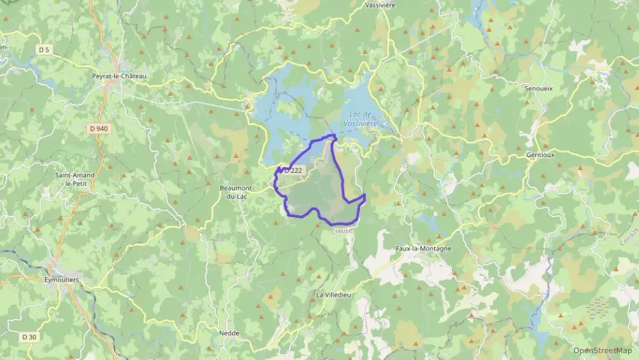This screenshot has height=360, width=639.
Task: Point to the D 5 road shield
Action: (x=44, y=49)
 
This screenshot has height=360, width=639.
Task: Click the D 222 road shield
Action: (x=293, y=169)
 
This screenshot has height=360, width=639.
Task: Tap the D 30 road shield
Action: (x=28, y=337)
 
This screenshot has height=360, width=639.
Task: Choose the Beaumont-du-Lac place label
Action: (x=238, y=192)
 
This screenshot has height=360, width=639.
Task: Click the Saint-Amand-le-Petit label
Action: (x=76, y=179)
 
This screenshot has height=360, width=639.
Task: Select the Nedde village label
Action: (x=229, y=333)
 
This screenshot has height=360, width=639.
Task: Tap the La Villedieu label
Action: (x=333, y=294)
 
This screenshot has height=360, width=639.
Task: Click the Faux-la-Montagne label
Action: (x=423, y=249)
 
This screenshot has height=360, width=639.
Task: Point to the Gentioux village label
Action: (x=539, y=155)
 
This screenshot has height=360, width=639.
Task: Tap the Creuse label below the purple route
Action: (x=343, y=231)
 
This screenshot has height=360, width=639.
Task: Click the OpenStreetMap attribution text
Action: (x=601, y=350)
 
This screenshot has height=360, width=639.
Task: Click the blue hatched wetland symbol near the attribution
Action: (x=597, y=307)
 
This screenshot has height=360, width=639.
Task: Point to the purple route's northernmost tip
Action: (x=334, y=136)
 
